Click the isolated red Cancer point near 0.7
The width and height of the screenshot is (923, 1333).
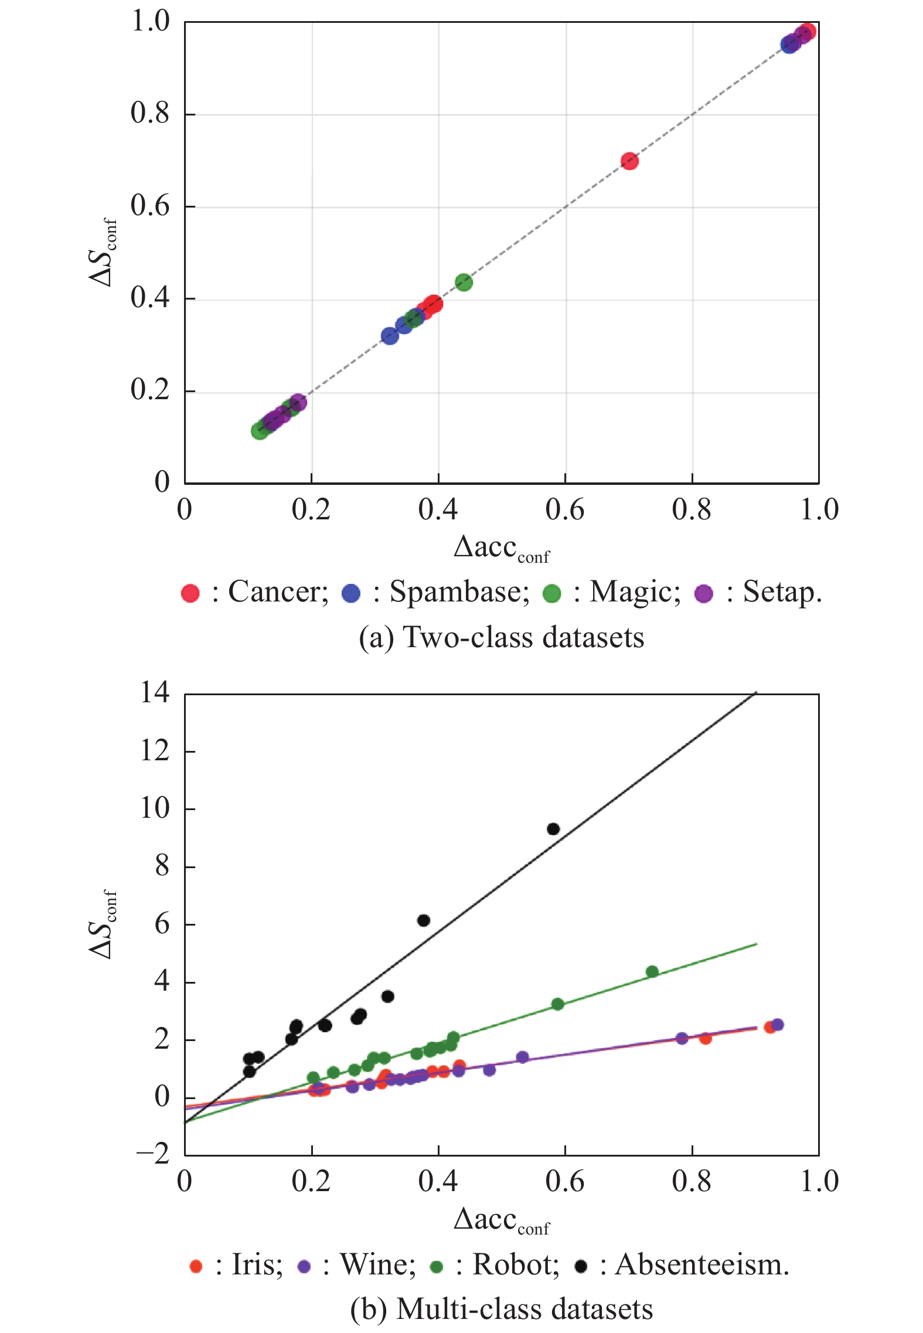629,161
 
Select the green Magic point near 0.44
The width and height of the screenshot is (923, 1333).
464,283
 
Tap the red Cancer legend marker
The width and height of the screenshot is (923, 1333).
190,593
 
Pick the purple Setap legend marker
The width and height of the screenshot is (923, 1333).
703,593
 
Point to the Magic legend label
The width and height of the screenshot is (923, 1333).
635,592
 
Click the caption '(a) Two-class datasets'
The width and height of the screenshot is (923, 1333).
501,637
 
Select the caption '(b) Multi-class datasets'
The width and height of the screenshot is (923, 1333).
501,1310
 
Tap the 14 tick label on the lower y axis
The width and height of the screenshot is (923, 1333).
155,693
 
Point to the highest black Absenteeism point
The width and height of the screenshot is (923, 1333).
553,829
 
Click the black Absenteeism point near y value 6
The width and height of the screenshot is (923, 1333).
424,920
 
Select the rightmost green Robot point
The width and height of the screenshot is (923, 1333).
652,972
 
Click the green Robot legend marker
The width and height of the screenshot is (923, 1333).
436,1266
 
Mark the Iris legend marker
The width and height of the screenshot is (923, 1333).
196,1266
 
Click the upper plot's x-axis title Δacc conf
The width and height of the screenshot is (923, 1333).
502,549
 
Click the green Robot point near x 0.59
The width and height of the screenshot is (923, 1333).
558,1004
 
